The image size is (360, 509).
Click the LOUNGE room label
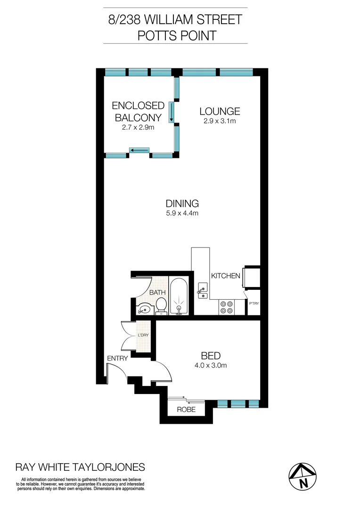220,112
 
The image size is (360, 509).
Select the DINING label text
182,204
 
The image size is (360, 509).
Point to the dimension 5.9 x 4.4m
182,213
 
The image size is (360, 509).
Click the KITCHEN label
226,276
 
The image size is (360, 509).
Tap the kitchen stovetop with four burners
226,307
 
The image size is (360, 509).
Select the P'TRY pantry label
254,304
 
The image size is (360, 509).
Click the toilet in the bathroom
162,304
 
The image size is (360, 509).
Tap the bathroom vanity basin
144,309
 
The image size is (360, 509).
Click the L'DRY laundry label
143,336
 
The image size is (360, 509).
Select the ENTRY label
117,359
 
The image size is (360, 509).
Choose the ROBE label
186,410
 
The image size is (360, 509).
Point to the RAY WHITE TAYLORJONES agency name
81,468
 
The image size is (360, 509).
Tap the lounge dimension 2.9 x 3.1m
220,121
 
